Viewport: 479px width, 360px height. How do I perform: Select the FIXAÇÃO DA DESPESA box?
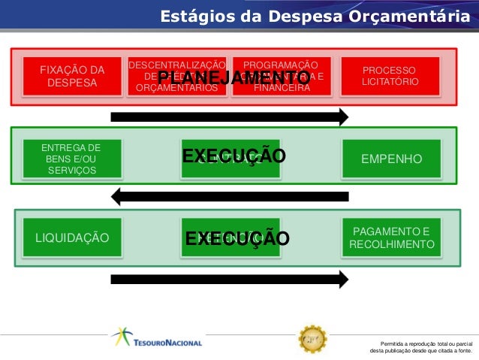tap(71, 76)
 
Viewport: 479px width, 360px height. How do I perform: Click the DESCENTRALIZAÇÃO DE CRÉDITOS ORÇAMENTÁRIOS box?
tap(177, 76)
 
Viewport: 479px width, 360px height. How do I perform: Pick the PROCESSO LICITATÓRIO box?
tap(390, 76)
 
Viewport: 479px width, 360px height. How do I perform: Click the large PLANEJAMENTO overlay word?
tap(234, 78)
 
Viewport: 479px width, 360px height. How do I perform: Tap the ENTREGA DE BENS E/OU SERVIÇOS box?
tap(71, 159)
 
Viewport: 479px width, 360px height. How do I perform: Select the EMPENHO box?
tap(390, 159)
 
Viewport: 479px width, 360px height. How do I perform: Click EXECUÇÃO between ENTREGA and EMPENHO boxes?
tap(234, 156)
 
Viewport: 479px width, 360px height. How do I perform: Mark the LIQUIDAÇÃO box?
tap(71, 238)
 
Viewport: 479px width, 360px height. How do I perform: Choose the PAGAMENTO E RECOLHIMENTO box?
tap(391, 238)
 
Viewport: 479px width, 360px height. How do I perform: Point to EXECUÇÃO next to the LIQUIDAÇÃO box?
tap(237, 239)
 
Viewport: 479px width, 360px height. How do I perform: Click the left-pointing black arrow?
tap(229, 197)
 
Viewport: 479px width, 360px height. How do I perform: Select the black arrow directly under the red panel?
tap(229, 116)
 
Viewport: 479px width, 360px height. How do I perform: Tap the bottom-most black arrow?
tap(229, 279)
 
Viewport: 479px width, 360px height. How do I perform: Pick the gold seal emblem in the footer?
tap(312, 339)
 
